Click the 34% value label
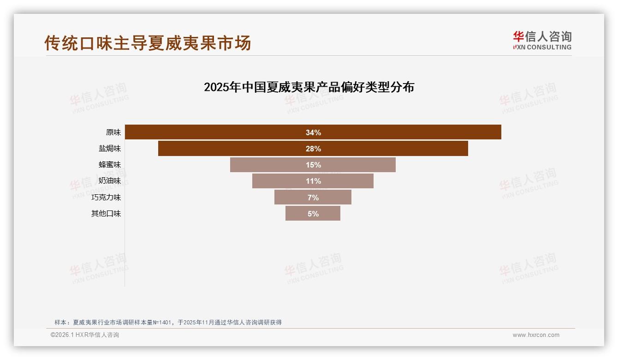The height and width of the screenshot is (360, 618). pyautogui.click(x=313, y=132)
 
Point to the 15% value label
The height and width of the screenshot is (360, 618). pyautogui.click(x=313, y=165)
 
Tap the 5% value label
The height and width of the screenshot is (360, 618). pyautogui.click(x=313, y=214)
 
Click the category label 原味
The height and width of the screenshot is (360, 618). pyautogui.click(x=113, y=132)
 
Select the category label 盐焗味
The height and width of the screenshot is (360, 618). pyautogui.click(x=109, y=149)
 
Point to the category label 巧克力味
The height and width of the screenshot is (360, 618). pyautogui.click(x=106, y=198)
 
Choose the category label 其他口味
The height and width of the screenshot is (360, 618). pyautogui.click(x=106, y=214)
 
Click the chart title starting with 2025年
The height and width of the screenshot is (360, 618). pyautogui.click(x=309, y=87)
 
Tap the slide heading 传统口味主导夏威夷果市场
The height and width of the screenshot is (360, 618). pyautogui.click(x=148, y=43)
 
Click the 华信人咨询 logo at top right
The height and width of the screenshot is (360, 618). pyautogui.click(x=542, y=40)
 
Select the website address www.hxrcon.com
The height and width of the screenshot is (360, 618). pyautogui.click(x=536, y=335)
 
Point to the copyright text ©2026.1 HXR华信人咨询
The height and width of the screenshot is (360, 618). pyautogui.click(x=85, y=335)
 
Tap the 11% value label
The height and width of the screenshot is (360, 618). pyautogui.click(x=313, y=181)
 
